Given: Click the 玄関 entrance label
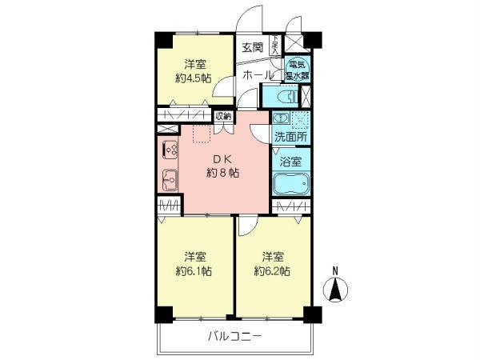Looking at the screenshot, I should [x=252, y=47].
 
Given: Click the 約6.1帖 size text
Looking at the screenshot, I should [x=194, y=271].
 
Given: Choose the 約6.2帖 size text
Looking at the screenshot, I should [x=273, y=271].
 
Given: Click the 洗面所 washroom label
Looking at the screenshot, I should [x=290, y=137].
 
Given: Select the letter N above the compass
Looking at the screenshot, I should [x=337, y=268].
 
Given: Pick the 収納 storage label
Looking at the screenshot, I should [x=222, y=117].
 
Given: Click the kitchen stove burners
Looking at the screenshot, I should [x=170, y=150].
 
